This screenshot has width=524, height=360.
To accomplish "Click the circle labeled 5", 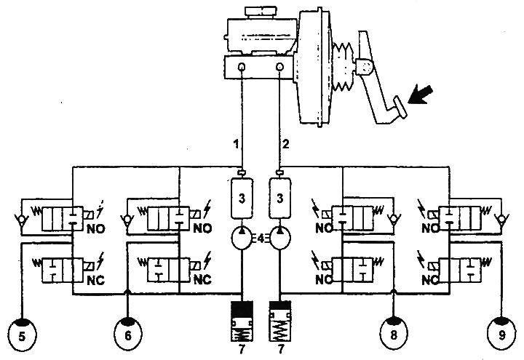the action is pyautogui.click(x=21, y=335).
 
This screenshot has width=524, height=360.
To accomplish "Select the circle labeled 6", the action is pyautogui.click(x=128, y=334).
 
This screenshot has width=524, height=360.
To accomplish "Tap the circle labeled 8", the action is pyautogui.click(x=394, y=333).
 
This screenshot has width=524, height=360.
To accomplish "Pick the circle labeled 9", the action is pyautogui.click(x=501, y=334).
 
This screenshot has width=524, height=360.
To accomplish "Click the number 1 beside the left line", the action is pyautogui.click(x=237, y=144).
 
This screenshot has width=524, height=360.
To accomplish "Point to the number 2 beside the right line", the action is pyautogui.click(x=285, y=144).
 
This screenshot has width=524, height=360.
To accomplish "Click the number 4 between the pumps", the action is pyautogui.click(x=261, y=239).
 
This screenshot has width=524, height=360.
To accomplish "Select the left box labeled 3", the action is pyautogui.click(x=242, y=199).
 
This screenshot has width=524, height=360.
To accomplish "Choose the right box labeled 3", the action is pyautogui.click(x=280, y=199).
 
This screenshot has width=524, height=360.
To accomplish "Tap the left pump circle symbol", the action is pyautogui.click(x=242, y=238).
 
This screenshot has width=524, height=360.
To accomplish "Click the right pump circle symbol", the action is pyautogui.click(x=280, y=238).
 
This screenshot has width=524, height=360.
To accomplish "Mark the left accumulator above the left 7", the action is pyautogui.click(x=242, y=321).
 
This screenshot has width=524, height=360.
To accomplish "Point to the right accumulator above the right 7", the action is pyautogui.click(x=280, y=321).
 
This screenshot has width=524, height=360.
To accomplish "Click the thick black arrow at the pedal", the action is pyautogui.click(x=421, y=95).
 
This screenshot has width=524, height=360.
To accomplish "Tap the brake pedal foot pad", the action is pyautogui.click(x=400, y=107).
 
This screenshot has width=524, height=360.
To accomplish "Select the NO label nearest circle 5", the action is pyautogui.click(x=95, y=229).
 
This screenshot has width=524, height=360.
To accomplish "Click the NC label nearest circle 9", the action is pyautogui.click(x=430, y=280).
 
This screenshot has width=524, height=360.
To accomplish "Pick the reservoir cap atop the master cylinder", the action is pyautogui.click(x=261, y=11).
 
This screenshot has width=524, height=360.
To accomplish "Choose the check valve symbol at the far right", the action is pyautogui.click(x=501, y=220).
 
